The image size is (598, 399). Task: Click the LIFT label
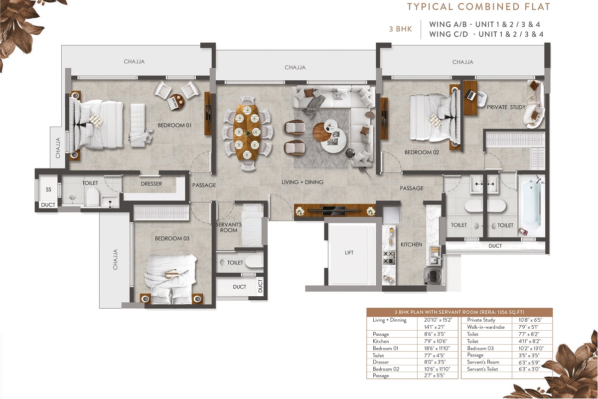click(349, 252)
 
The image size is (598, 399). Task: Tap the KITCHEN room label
click(411, 244)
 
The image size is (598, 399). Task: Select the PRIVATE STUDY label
click(506, 107)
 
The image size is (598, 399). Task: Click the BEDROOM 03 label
click(172, 238)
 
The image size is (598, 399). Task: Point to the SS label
click(48, 190)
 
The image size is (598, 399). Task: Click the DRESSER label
click(151, 184)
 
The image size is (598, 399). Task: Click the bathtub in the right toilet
click(531, 207)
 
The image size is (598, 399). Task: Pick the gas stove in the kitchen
click(389, 257)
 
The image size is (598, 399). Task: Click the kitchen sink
click(435, 255)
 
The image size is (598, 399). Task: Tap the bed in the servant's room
click(252, 225)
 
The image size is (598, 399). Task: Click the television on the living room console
click(335, 210)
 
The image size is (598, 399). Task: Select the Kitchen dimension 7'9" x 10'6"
click(436, 341)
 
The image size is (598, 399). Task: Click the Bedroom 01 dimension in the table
click(437, 348)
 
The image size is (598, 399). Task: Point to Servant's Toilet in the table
click(482, 369)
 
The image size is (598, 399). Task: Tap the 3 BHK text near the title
click(401, 29)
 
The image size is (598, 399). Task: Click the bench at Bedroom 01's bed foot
click(139, 123)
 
